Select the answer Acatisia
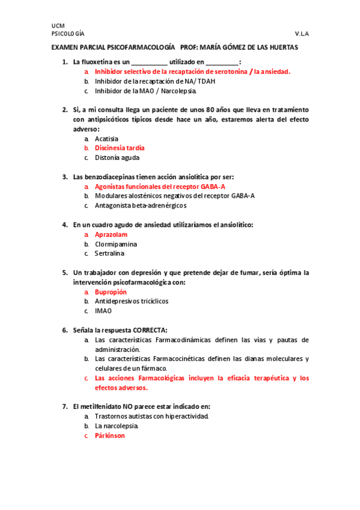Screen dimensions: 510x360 click(106, 138)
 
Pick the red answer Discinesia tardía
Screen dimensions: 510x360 click(120, 148)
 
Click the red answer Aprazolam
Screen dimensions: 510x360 click(112, 234)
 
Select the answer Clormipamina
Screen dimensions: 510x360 click(116, 244)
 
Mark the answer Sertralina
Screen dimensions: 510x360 click(109, 253)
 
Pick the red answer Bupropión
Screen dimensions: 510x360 click(111, 292)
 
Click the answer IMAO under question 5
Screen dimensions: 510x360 click(103, 311)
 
